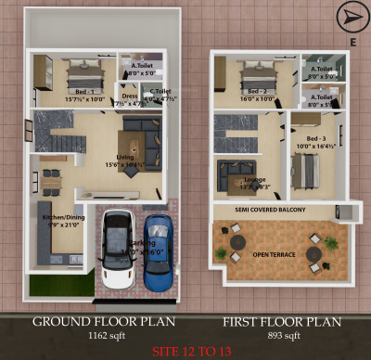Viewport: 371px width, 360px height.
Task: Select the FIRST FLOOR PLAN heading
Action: pos(281,321)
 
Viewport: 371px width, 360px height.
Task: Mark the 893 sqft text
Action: pos(281,335)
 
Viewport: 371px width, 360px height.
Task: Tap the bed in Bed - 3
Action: pos(305,167)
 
